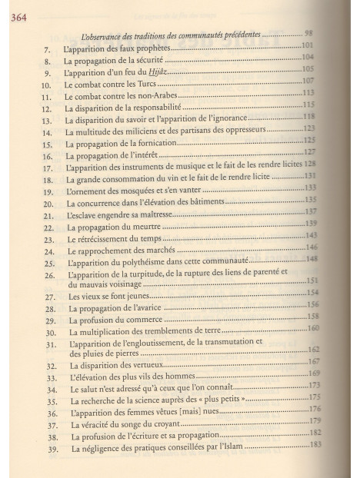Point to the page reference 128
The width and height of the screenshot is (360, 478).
[311, 164]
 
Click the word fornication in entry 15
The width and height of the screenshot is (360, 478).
[162, 144]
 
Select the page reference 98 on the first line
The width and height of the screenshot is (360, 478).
[308, 32]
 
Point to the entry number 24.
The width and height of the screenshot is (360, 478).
[48, 251]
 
